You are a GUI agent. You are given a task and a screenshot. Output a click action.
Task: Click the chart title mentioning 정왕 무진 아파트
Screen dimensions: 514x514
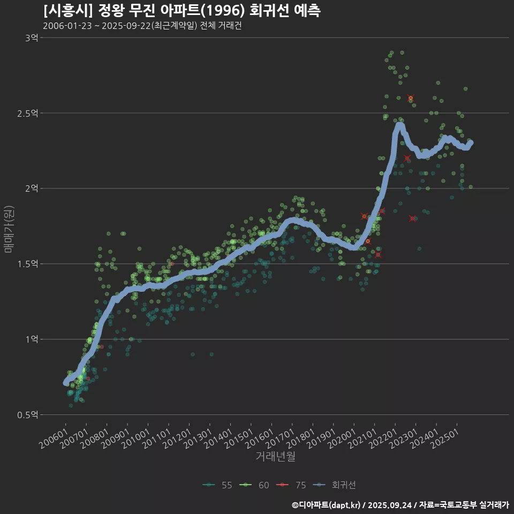tap(182, 11)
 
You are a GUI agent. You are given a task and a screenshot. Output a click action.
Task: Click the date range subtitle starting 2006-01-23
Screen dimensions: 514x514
tap(142, 26)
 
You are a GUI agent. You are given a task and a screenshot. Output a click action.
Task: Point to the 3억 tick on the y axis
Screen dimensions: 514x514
tap(31, 37)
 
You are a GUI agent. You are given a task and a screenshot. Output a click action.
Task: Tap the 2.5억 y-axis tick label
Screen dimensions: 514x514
tap(28, 113)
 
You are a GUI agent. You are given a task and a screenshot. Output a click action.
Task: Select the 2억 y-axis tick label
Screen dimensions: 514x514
tap(31, 188)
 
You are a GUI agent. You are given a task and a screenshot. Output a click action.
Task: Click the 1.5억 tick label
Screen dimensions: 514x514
tap(28, 264)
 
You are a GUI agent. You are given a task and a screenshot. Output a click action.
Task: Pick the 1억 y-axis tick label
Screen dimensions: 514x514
tap(31, 339)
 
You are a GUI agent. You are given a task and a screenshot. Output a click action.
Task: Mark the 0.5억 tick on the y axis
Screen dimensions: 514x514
tap(28, 415)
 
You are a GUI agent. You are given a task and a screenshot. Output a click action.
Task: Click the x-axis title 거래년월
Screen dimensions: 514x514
tap(275, 457)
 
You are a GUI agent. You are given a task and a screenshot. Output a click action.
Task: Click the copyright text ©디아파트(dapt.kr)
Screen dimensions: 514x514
tap(327, 505)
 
